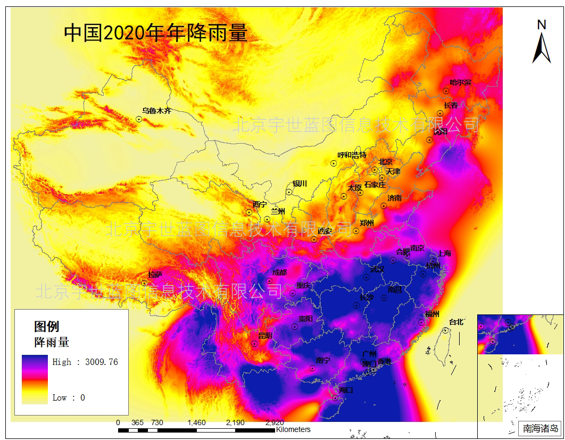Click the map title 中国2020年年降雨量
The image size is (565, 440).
pyautogui.click(x=155, y=34)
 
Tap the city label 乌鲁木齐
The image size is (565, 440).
pyautogui.click(x=156, y=111)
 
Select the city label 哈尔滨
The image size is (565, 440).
pyautogui.click(x=460, y=82)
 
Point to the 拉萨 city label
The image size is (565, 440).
pyautogui.click(x=155, y=275)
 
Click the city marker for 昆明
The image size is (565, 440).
pyautogui.click(x=255, y=344)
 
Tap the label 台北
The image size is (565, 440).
pyautogui.click(x=456, y=322)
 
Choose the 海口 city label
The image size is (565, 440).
pyautogui.click(x=346, y=390)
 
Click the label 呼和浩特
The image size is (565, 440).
pyautogui.click(x=352, y=155)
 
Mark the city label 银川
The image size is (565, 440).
pyautogui.click(x=300, y=184)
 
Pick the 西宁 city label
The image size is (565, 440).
pyautogui.click(x=260, y=204)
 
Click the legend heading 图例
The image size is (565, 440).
pyautogui.click(x=47, y=327)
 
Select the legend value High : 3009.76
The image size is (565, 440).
pyautogui.click(x=85, y=362)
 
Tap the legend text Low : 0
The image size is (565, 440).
pyautogui.click(x=69, y=397)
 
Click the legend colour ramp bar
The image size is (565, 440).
pyautogui.click(x=35, y=379)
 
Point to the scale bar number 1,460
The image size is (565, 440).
pyautogui.click(x=196, y=422)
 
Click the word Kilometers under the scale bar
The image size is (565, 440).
pyautogui.click(x=293, y=429)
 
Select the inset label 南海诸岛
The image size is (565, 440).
pyautogui.click(x=540, y=428)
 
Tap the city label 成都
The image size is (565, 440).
pyautogui.click(x=279, y=272)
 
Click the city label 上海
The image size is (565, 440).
pyautogui.click(x=444, y=254)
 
